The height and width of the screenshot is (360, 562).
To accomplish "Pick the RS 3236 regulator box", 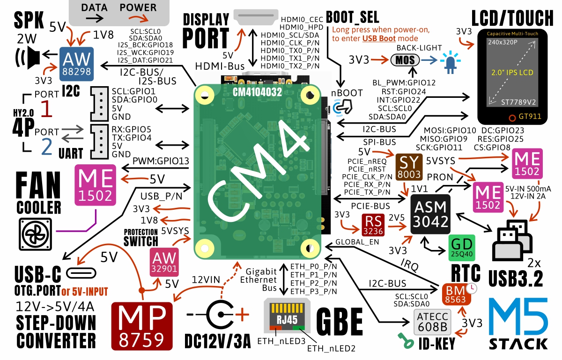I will [375, 226].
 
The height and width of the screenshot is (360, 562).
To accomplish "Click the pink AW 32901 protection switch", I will [164, 262].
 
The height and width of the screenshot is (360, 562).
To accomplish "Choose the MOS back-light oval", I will [405, 61].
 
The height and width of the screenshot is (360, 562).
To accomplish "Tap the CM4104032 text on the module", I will [257, 92].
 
